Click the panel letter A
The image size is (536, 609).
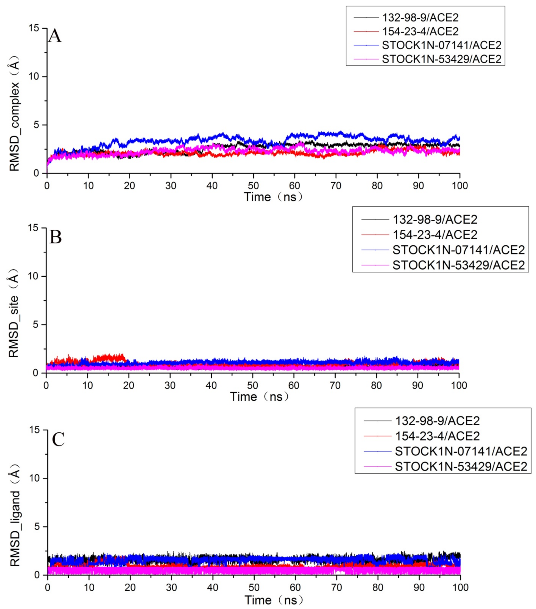click(55, 36)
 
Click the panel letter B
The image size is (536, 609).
click(56, 238)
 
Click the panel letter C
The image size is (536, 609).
click(58, 439)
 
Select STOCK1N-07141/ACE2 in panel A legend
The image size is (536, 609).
click(442, 45)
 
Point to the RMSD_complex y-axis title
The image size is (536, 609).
click(14, 114)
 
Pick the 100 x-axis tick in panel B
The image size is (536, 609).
click(459, 386)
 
